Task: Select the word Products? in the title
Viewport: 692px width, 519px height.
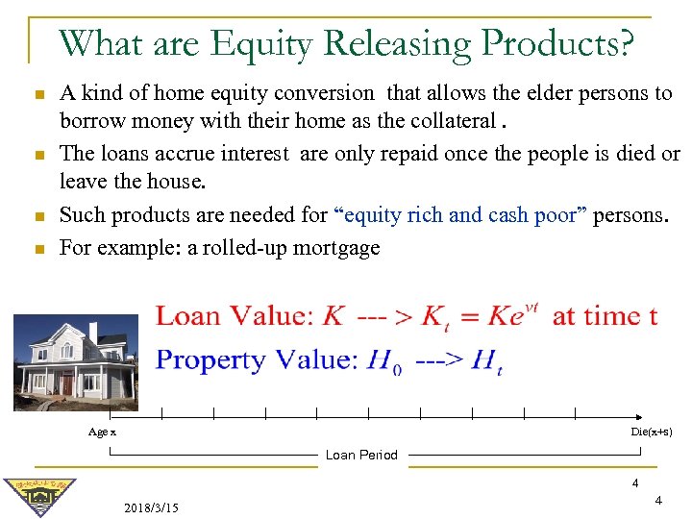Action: coord(560,43)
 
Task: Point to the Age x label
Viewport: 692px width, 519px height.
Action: coord(102,432)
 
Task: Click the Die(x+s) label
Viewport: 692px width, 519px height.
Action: coord(651,432)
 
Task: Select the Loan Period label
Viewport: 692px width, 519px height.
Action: coord(361,455)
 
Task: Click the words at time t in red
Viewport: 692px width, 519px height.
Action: coord(605,315)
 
